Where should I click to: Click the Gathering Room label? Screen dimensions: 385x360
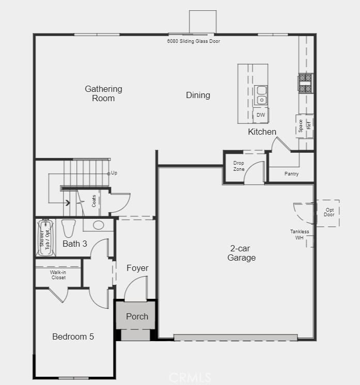pos(103,93)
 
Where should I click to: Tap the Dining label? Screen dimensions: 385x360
pos(198,95)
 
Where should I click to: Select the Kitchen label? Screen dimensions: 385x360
pos(262,132)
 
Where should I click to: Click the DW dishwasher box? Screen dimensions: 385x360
pos(261,115)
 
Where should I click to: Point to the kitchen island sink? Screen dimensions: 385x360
pos(261,94)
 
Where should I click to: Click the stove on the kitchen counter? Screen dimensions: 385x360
pos(305,83)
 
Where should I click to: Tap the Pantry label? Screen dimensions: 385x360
pos(291,174)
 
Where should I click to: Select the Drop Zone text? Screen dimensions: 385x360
pos(239,166)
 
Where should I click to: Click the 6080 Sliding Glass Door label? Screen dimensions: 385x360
pos(194,41)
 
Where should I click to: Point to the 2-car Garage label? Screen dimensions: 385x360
pos(241,253)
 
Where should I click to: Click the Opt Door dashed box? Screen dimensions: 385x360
pos(329,213)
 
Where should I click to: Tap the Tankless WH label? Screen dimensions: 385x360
pos(299,235)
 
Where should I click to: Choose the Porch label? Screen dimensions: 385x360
pos(137,316)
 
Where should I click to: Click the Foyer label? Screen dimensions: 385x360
pos(137,268)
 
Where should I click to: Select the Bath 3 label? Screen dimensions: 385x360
pos(74,243)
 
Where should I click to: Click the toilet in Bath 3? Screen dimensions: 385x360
pos(68,228)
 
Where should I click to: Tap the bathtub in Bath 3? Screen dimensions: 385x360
pos(45,238)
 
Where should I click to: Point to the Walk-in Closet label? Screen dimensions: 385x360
pos(58,275)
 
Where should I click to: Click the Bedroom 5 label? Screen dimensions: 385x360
pos(73,336)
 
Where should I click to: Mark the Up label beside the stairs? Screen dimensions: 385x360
pos(114,173)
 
